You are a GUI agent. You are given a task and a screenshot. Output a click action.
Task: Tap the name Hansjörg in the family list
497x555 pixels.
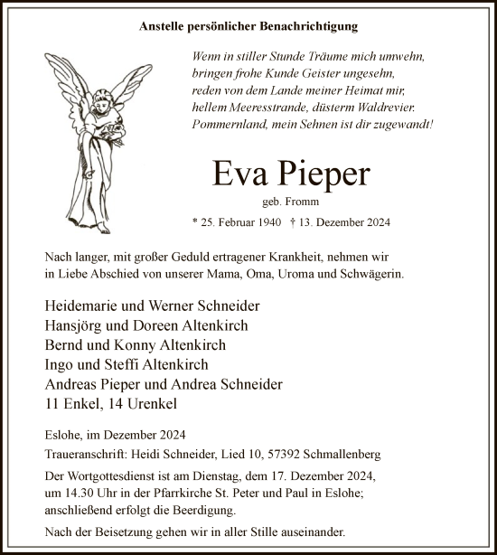[x=75, y=325]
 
